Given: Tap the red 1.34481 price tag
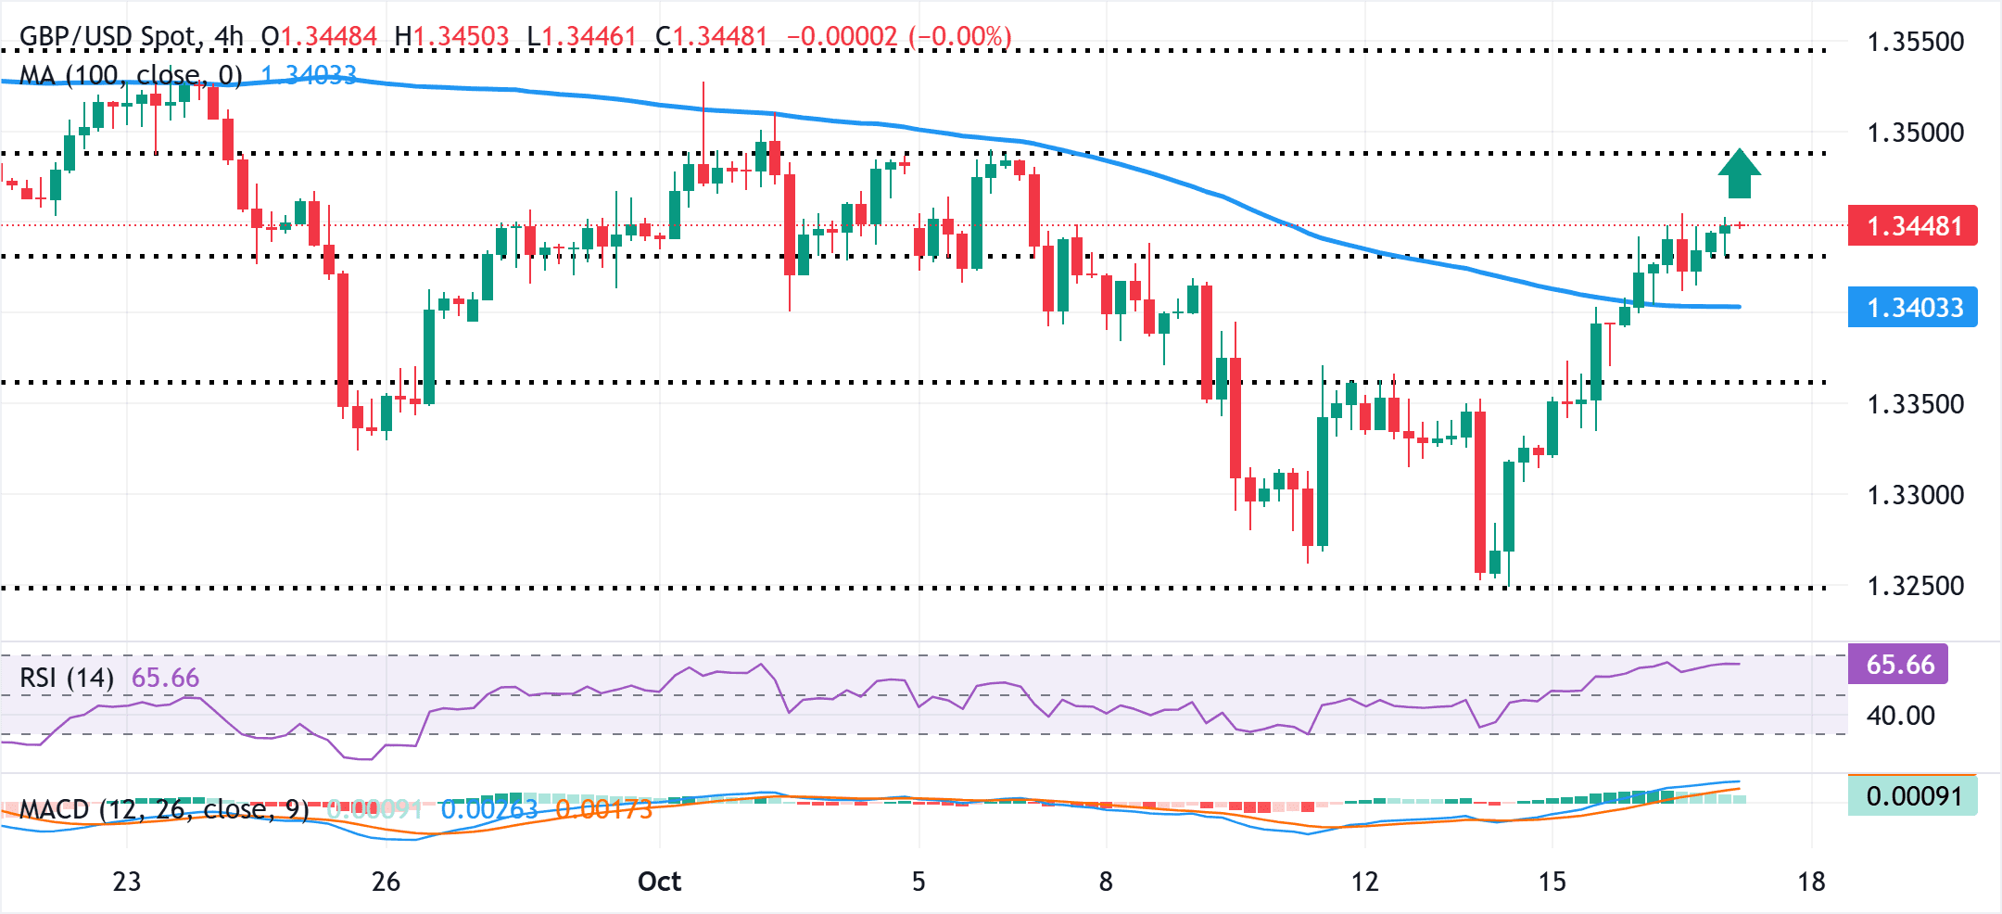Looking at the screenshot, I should (1912, 226).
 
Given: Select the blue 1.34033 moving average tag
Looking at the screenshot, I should (1912, 308).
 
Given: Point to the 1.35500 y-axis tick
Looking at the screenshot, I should (1915, 43).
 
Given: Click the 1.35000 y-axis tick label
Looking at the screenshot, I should (1915, 133).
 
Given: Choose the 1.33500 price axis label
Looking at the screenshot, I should (1915, 404).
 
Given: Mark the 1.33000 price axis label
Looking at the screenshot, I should (1915, 495).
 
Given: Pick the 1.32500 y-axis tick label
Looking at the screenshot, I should (1915, 586).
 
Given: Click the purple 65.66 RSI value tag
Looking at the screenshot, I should (1898, 665).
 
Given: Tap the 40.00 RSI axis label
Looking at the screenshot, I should (1900, 716).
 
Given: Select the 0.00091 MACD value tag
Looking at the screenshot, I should (1913, 796).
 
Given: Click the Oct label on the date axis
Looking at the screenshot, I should (659, 882).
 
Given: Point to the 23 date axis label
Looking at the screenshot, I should (127, 882).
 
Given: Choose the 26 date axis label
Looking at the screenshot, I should (386, 882).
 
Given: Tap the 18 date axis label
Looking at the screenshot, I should (1811, 882).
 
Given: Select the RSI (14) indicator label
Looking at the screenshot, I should (67, 679).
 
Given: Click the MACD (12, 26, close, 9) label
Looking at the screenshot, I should (164, 809).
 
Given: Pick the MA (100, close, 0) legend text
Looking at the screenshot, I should (131, 75).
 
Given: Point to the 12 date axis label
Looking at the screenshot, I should (1364, 882).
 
